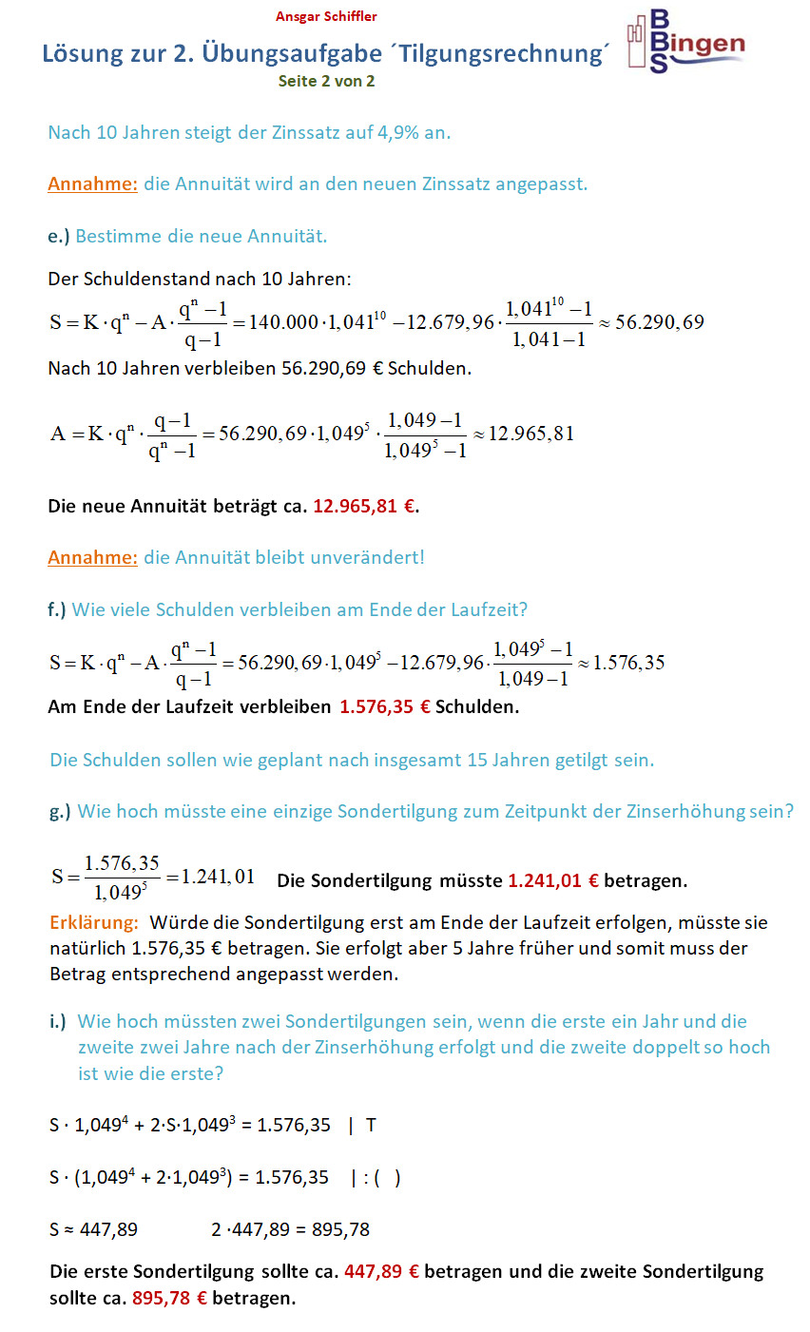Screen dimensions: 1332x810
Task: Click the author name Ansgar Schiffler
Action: tap(326, 16)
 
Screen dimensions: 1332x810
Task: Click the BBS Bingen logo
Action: tap(685, 42)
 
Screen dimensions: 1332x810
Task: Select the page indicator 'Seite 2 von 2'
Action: tap(326, 81)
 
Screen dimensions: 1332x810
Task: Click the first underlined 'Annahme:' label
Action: tap(92, 183)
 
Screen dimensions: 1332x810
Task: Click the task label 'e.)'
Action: tap(58, 236)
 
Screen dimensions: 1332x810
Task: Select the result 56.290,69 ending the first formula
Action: tap(659, 322)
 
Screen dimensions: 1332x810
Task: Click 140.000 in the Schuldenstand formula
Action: tap(283, 322)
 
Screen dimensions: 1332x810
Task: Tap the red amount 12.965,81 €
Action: tap(364, 506)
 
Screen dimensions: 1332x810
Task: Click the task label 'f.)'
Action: tap(57, 609)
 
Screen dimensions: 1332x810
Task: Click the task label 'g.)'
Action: tap(60, 811)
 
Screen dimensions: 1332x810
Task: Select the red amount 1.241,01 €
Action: tap(553, 880)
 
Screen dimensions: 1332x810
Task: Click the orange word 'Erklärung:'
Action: tap(94, 922)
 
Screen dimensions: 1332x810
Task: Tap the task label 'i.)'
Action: tap(58, 1021)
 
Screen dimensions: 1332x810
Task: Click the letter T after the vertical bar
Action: tap(371, 1126)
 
